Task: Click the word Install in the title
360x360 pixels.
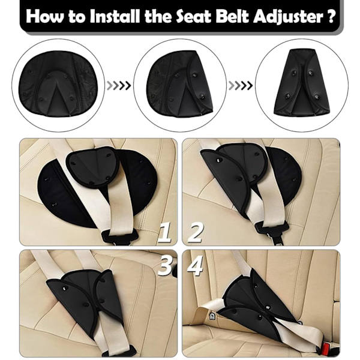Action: click(x=115, y=16)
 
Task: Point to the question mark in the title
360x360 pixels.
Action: click(x=330, y=16)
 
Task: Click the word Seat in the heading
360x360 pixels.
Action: click(x=194, y=16)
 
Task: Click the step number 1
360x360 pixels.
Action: click(x=164, y=233)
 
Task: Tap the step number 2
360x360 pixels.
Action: click(x=196, y=233)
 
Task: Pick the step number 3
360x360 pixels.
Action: click(x=166, y=266)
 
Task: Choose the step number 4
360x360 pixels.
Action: click(x=195, y=266)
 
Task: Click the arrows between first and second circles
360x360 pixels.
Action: click(x=119, y=86)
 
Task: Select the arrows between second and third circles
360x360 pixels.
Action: click(x=241, y=86)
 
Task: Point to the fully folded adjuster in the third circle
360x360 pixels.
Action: click(x=302, y=83)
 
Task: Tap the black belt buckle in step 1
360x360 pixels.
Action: click(x=120, y=237)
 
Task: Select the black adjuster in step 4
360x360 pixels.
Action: click(x=258, y=308)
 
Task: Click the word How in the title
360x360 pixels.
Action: click(x=44, y=16)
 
